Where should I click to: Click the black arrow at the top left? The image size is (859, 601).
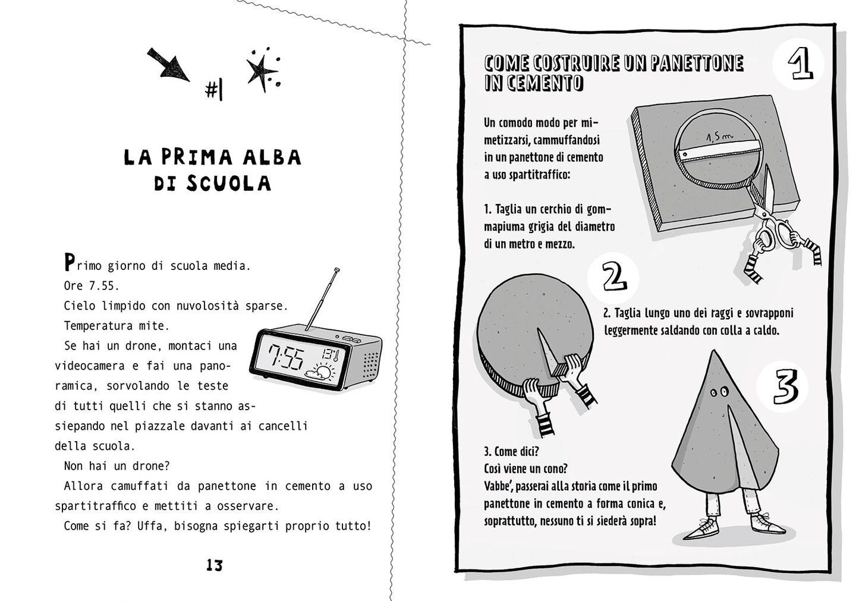(169, 65)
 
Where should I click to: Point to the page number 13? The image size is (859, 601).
(214, 565)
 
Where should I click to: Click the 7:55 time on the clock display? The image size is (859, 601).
(285, 358)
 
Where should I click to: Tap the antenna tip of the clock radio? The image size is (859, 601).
(338, 271)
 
